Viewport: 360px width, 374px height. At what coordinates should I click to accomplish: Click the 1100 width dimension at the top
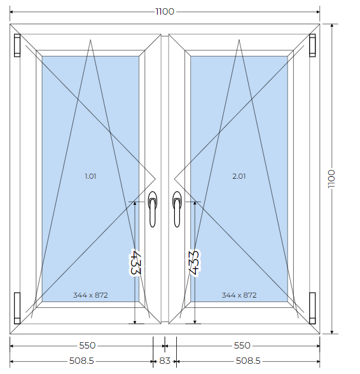click(x=165, y=11)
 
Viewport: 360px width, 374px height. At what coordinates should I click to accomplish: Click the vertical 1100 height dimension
click(x=331, y=179)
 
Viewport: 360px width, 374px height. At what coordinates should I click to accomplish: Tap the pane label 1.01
click(x=90, y=176)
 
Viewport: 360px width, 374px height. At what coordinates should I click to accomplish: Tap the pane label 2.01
click(x=239, y=176)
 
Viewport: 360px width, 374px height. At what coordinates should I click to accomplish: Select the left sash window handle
click(x=153, y=209)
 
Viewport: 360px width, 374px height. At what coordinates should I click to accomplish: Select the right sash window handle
click(x=177, y=209)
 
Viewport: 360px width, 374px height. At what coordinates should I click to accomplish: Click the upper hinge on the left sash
click(x=17, y=45)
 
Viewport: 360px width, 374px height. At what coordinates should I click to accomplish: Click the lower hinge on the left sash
click(x=17, y=308)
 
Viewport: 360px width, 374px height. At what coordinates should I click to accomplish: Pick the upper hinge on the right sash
click(x=312, y=45)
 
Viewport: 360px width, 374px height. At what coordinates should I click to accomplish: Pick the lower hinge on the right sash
click(x=312, y=308)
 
